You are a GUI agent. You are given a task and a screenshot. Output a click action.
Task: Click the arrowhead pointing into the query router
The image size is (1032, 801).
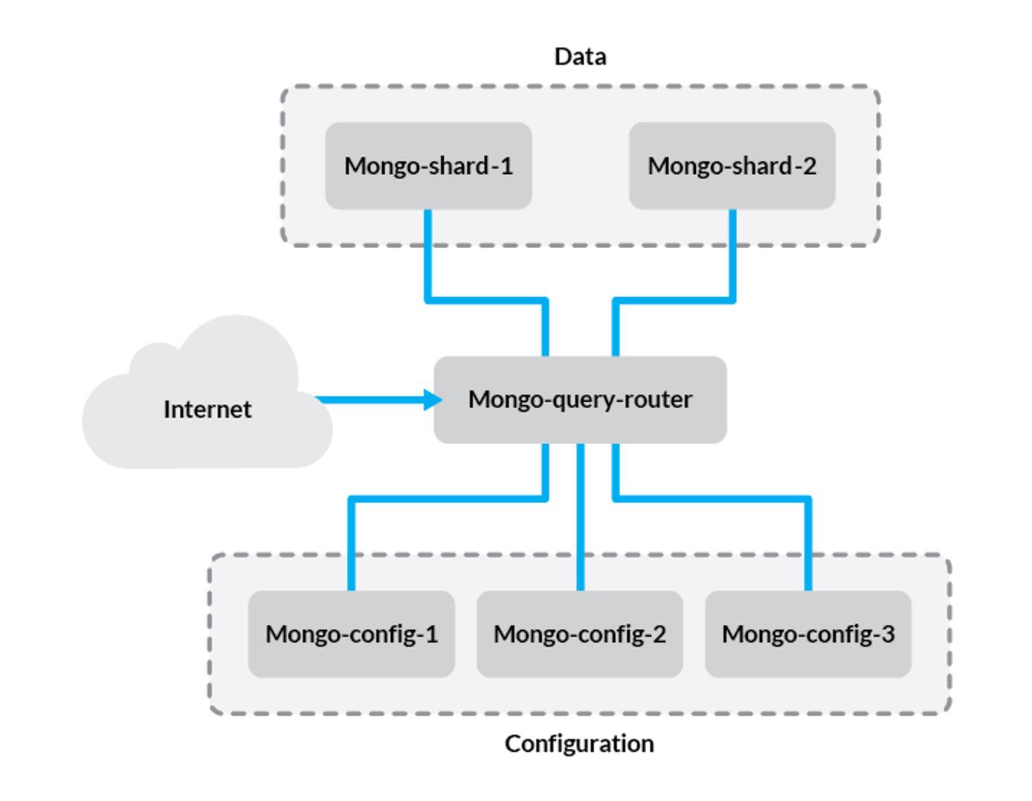coord(433,400)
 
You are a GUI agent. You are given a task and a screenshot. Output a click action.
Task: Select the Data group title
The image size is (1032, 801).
coord(580,56)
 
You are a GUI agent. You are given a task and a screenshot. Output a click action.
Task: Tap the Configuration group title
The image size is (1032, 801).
coord(579,744)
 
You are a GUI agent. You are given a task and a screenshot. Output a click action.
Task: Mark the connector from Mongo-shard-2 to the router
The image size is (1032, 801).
coord(673,300)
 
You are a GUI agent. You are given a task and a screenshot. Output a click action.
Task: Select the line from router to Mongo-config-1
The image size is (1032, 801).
coord(446,499)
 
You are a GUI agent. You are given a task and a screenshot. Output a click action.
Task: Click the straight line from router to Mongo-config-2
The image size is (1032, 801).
coord(581,520)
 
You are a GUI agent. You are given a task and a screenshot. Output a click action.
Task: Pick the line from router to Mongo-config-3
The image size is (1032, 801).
coord(714,499)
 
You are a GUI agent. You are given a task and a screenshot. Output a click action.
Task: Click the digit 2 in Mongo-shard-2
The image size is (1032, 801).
coord(809,166)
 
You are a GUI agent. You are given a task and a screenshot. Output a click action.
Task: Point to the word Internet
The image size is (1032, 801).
coord(207,409)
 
